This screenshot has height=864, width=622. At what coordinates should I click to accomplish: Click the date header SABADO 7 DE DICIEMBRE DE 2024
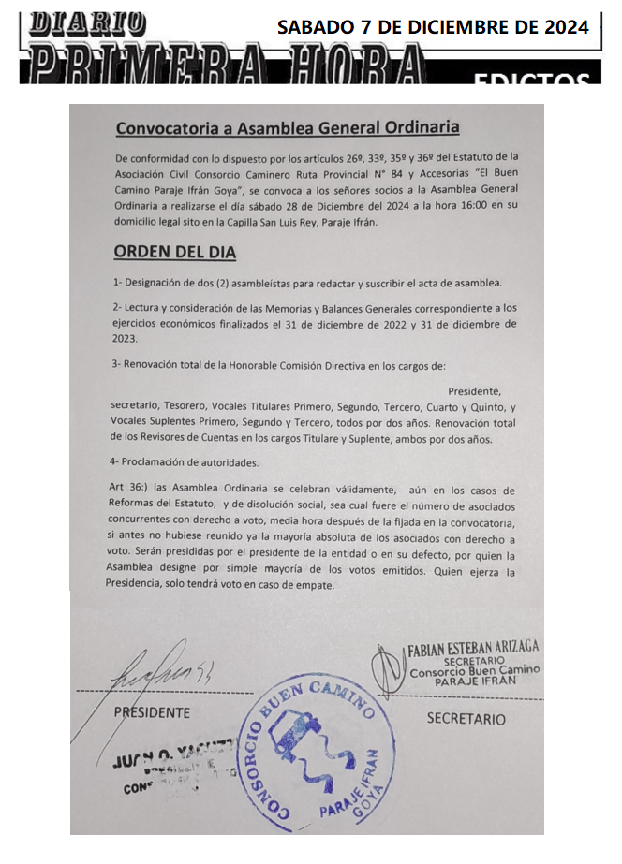[x=433, y=27]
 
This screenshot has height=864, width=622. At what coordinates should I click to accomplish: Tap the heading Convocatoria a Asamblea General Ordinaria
[x=288, y=127]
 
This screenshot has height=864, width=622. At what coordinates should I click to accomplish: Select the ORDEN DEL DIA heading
[x=174, y=252]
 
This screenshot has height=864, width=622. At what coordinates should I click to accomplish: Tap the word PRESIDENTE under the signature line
[x=151, y=712]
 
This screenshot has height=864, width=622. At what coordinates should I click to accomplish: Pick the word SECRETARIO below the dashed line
[x=466, y=719]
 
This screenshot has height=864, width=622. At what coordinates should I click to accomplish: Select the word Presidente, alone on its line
[x=475, y=390]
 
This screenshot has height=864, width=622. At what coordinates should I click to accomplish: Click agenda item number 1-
[x=118, y=283]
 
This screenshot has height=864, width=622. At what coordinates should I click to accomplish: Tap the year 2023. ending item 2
[x=125, y=339]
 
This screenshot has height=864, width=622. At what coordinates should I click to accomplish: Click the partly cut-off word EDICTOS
[x=531, y=80]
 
